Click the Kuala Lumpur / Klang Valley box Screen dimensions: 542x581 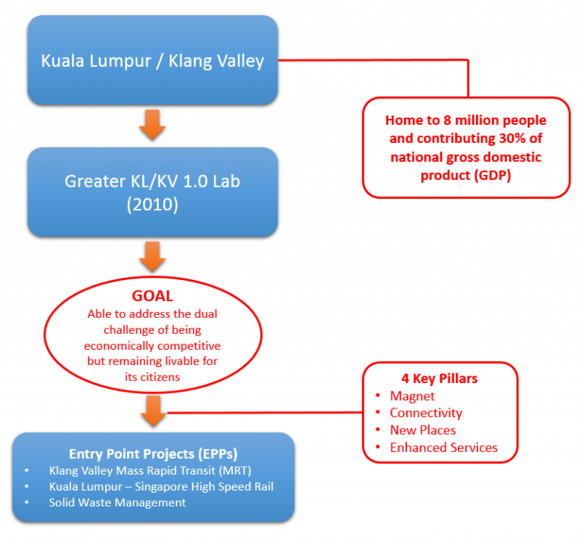(153, 61)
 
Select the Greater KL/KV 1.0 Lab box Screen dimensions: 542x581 (153, 192)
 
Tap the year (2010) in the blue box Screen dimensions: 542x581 (153, 205)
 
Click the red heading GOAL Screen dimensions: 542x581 (153, 297)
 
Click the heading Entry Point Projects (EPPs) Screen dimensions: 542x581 (153, 453)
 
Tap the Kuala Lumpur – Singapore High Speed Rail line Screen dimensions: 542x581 (160, 486)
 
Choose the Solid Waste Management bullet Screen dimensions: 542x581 (117, 502)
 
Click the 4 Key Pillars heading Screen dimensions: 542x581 (439, 378)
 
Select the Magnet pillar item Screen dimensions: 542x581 (412, 396)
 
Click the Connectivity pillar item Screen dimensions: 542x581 (426, 413)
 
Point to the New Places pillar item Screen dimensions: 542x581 (423, 430)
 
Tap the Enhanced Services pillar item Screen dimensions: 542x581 (443, 447)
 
